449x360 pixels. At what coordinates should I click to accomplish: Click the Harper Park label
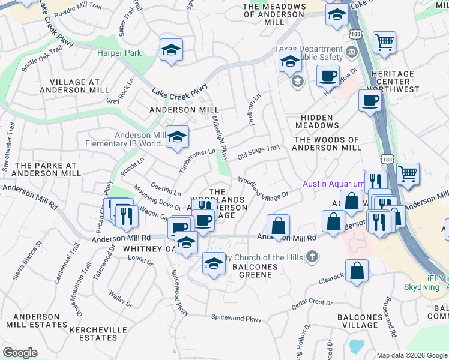(119, 53)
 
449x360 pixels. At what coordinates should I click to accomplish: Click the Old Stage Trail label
(259, 152)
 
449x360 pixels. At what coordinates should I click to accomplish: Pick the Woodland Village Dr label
(264, 187)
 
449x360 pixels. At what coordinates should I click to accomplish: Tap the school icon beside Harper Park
(171, 50)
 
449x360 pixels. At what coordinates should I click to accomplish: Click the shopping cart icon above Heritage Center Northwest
(384, 43)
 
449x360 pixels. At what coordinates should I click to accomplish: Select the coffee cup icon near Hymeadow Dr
(328, 76)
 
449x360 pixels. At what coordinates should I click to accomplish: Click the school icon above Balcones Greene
(214, 263)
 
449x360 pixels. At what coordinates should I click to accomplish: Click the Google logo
(20, 353)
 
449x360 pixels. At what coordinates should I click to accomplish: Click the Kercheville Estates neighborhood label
(98, 334)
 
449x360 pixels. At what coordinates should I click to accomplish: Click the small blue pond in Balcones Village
(357, 346)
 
